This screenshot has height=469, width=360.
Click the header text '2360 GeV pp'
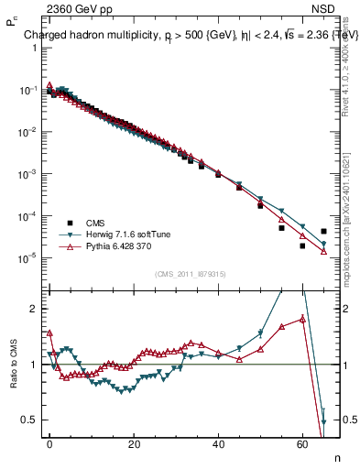tap(74, 11)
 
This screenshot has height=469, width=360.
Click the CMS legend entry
tap(95, 223)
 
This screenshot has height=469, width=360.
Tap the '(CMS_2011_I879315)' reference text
tap(191, 274)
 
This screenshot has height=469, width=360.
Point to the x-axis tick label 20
tap(134, 443)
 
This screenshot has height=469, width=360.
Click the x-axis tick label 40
tap(218, 443)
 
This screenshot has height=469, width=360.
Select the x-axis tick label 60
tap(302, 443)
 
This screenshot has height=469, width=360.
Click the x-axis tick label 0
tap(49, 443)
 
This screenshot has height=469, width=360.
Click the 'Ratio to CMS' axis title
tap(14, 378)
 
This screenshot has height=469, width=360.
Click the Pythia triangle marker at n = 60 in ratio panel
tap(302, 319)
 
